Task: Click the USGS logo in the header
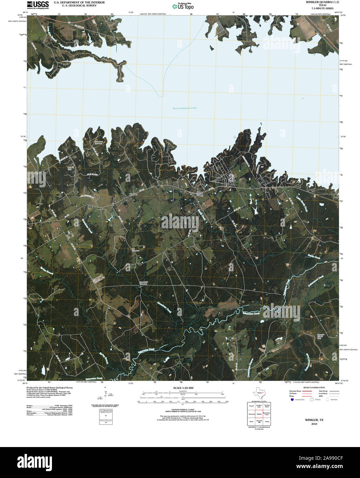(x=38, y=4)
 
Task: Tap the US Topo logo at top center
(x=182, y=6)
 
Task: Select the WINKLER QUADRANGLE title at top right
(x=320, y=2)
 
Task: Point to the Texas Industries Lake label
(x=184, y=108)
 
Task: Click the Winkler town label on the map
(x=133, y=195)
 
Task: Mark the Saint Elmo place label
(x=200, y=194)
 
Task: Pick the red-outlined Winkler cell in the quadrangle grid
(x=259, y=414)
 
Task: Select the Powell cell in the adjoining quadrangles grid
(x=251, y=406)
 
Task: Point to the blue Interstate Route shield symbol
(x=292, y=400)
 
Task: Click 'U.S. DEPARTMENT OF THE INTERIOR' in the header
(x=79, y=2)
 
